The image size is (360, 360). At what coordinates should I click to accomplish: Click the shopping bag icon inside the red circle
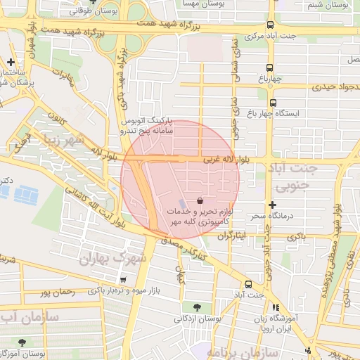(201, 200)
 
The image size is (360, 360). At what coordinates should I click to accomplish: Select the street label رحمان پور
(58, 290)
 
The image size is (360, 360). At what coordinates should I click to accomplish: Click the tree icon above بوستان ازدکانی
(196, 307)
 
